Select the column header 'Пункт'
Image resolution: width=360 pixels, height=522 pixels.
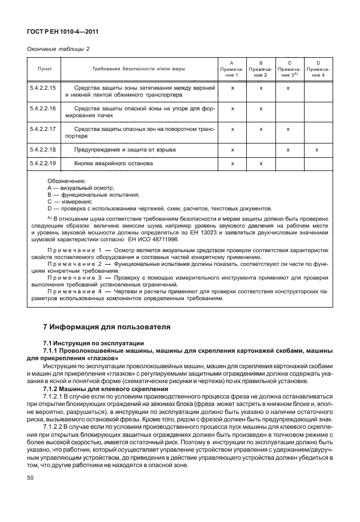click(45, 68)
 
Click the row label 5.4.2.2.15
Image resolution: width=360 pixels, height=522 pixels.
click(42, 89)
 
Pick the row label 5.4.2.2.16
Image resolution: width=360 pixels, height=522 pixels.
click(42, 108)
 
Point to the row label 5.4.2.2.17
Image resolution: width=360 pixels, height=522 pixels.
click(42, 129)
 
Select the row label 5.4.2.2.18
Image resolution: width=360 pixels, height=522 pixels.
click(42, 149)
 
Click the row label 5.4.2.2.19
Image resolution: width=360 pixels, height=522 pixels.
click(42, 164)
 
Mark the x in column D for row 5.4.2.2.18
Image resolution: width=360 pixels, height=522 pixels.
click(316, 149)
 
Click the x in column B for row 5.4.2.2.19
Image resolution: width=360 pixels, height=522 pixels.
click(261, 164)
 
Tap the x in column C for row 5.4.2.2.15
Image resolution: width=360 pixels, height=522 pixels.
click(289, 89)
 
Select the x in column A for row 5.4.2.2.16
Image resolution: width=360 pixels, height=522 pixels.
click(233, 108)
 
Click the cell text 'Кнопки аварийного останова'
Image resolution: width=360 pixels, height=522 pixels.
click(113, 164)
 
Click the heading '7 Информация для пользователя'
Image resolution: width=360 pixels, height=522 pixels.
click(107, 327)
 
